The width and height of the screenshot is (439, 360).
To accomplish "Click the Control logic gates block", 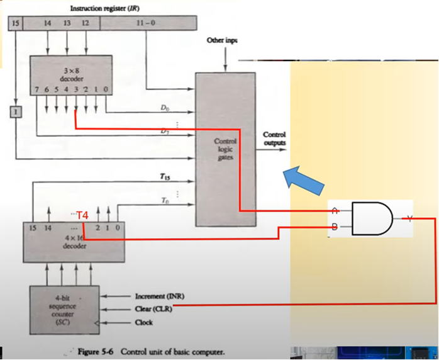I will point(225,149).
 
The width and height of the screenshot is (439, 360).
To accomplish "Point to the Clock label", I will point(144,322).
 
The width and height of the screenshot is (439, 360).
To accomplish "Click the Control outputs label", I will point(274,138).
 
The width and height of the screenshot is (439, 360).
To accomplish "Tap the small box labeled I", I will point(15,113).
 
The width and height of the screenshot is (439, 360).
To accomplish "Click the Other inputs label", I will point(222,40).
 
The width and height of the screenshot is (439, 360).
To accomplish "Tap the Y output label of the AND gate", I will point(410,218).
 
